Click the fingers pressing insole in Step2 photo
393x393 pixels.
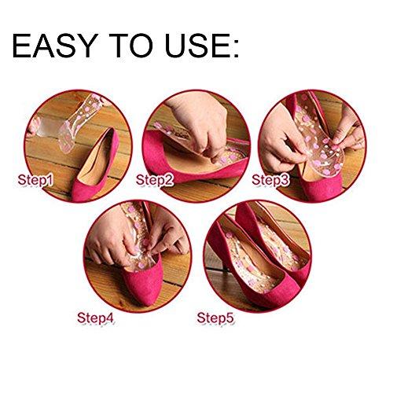[189, 126]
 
